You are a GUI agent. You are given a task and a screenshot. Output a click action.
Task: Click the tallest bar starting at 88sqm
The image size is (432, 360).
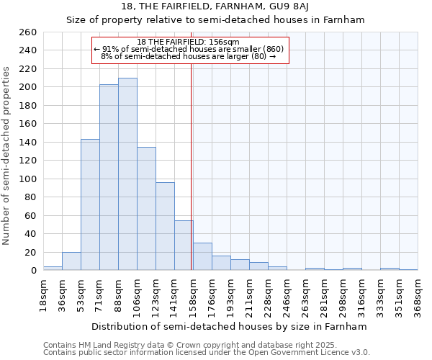click(x=127, y=174)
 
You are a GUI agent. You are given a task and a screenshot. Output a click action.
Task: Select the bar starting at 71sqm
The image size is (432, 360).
click(x=109, y=177)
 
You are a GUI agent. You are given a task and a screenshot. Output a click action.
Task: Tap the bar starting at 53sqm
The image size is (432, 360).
click(x=90, y=204)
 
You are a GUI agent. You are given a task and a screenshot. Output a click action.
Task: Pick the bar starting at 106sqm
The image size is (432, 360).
click(x=146, y=209)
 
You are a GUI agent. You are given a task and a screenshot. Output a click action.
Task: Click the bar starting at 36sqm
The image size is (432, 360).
click(x=71, y=261)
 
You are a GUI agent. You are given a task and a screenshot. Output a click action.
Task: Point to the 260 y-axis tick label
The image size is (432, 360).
click(x=28, y=32)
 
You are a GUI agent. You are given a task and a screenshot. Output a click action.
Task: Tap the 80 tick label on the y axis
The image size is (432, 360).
click(x=31, y=197)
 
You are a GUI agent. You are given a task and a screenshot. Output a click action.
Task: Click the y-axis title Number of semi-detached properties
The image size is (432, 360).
click(x=7, y=156)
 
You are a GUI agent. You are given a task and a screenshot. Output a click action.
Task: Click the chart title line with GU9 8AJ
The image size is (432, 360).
click(x=216, y=6)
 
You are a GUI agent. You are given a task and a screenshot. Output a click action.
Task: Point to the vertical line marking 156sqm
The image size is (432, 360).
click(x=191, y=166)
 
